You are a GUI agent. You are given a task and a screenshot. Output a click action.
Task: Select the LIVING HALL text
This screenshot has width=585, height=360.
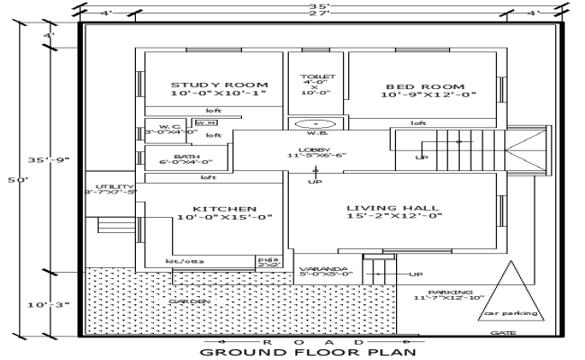pyautogui.click(x=393, y=209)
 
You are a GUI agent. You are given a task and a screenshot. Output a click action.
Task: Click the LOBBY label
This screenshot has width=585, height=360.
pyautogui.click(x=316, y=149)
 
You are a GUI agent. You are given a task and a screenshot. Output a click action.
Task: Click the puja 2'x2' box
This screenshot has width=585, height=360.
pyautogui.click(x=266, y=262)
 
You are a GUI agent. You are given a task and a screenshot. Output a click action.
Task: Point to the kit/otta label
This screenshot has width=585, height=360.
pyautogui.click(x=184, y=261)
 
